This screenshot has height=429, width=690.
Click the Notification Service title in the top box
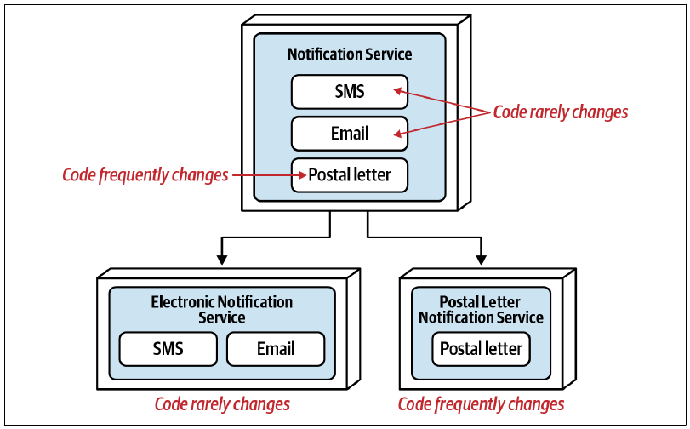pyautogui.click(x=350, y=54)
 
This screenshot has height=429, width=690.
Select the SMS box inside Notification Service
pyautogui.click(x=350, y=92)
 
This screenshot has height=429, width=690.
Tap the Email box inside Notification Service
pyautogui.click(x=350, y=134)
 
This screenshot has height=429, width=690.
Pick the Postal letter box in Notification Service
pyautogui.click(x=350, y=175)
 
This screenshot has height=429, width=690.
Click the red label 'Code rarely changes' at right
pyautogui.click(x=560, y=112)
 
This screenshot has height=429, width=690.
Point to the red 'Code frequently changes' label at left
pyautogui.click(x=145, y=175)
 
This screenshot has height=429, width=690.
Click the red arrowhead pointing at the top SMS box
pyautogui.click(x=398, y=91)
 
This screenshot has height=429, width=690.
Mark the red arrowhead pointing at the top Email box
pyautogui.click(x=398, y=134)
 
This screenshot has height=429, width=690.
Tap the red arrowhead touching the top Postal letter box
pyautogui.click(x=302, y=175)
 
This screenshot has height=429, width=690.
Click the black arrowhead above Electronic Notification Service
pyautogui.click(x=222, y=260)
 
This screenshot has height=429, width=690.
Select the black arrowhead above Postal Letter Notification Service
pyautogui.click(x=481, y=260)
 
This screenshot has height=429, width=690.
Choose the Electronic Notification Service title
pyautogui.click(x=222, y=310)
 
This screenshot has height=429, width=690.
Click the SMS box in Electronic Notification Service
pyautogui.click(x=168, y=349)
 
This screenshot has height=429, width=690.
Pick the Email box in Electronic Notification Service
pyautogui.click(x=276, y=349)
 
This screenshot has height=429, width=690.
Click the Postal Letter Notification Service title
pyautogui.click(x=481, y=310)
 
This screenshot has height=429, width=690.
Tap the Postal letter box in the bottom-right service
pyautogui.click(x=481, y=349)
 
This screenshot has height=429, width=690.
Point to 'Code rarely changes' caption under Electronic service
pyautogui.click(x=222, y=404)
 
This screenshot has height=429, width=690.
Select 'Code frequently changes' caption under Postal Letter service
pyautogui.click(x=481, y=404)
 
